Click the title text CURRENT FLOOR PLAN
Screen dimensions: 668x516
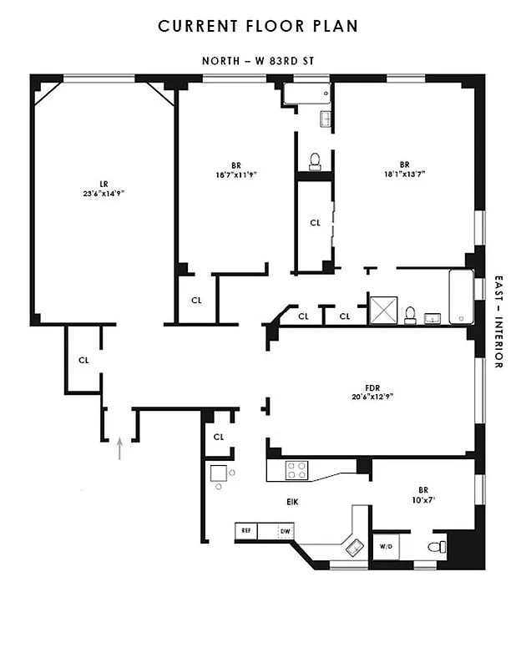(258, 26)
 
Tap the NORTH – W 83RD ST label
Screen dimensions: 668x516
(258, 60)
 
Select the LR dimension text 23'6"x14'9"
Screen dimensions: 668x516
(104, 193)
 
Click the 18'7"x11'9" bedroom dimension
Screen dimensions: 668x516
(235, 175)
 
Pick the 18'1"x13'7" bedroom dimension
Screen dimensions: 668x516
(403, 175)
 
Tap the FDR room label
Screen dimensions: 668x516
(372, 387)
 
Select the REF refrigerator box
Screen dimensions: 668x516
(246, 530)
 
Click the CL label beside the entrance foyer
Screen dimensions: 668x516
(83, 361)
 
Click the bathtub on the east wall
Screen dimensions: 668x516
(461, 298)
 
